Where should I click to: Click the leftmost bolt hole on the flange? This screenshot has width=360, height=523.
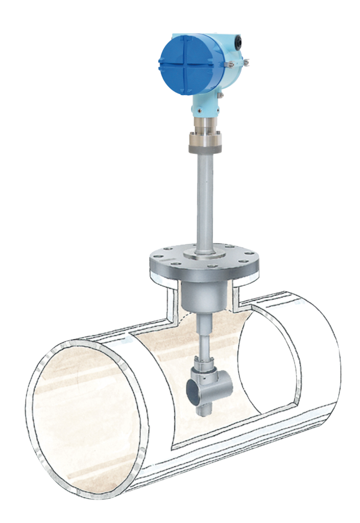156,258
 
